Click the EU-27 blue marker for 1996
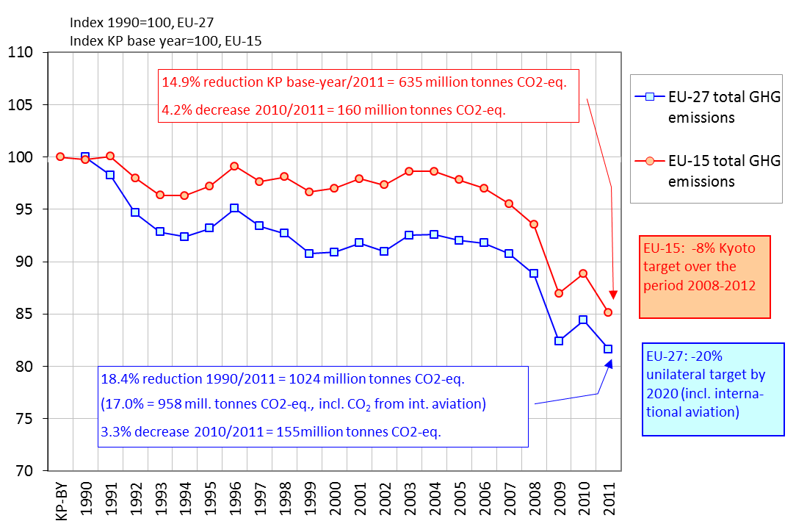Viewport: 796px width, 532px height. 234,208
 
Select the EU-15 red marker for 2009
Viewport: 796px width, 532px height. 559,293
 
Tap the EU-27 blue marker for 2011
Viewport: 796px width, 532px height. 608,349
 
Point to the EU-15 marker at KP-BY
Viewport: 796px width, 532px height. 60,157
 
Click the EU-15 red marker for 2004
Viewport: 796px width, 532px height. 434,171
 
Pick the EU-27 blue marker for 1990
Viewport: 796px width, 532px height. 85,157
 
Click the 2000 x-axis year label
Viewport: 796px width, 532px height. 334,497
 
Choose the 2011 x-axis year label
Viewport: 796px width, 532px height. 609,497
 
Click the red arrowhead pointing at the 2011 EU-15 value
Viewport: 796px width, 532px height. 612,295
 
